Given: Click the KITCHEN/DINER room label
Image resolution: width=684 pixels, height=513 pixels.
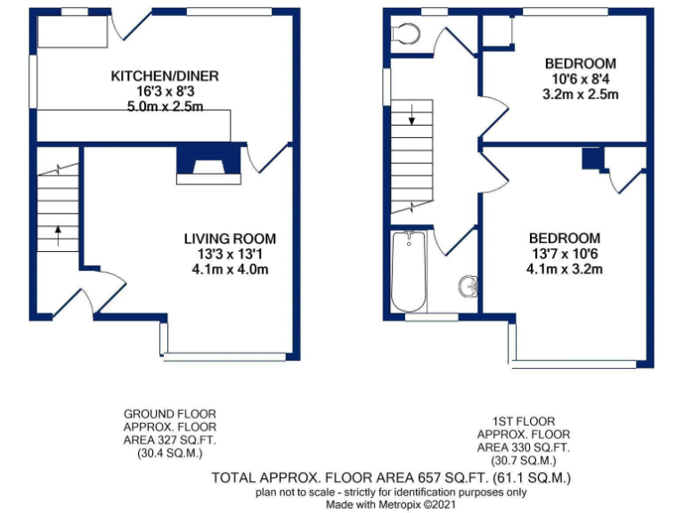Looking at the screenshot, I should coord(165,76).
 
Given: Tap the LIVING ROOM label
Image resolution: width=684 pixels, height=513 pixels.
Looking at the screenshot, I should coord(230,239).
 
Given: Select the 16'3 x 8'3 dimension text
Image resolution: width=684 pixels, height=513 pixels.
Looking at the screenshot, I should coord(165,92).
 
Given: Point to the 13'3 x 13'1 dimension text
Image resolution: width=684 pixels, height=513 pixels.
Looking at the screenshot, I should coord(230,255).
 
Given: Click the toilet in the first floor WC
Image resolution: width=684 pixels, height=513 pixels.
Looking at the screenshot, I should coord(406,34).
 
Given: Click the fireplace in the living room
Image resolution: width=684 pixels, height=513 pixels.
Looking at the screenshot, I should coord(208,164).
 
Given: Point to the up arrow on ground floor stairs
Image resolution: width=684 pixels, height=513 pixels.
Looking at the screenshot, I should coord(58,235).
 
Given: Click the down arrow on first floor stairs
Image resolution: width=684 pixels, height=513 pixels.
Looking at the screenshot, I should coord(412,116).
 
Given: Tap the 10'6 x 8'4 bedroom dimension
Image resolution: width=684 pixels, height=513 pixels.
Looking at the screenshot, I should coord(581,79).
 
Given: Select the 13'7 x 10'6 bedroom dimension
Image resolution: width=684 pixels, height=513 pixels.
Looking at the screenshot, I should coord(565,255).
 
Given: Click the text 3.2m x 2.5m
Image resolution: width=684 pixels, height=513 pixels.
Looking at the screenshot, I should coord(581,94).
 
